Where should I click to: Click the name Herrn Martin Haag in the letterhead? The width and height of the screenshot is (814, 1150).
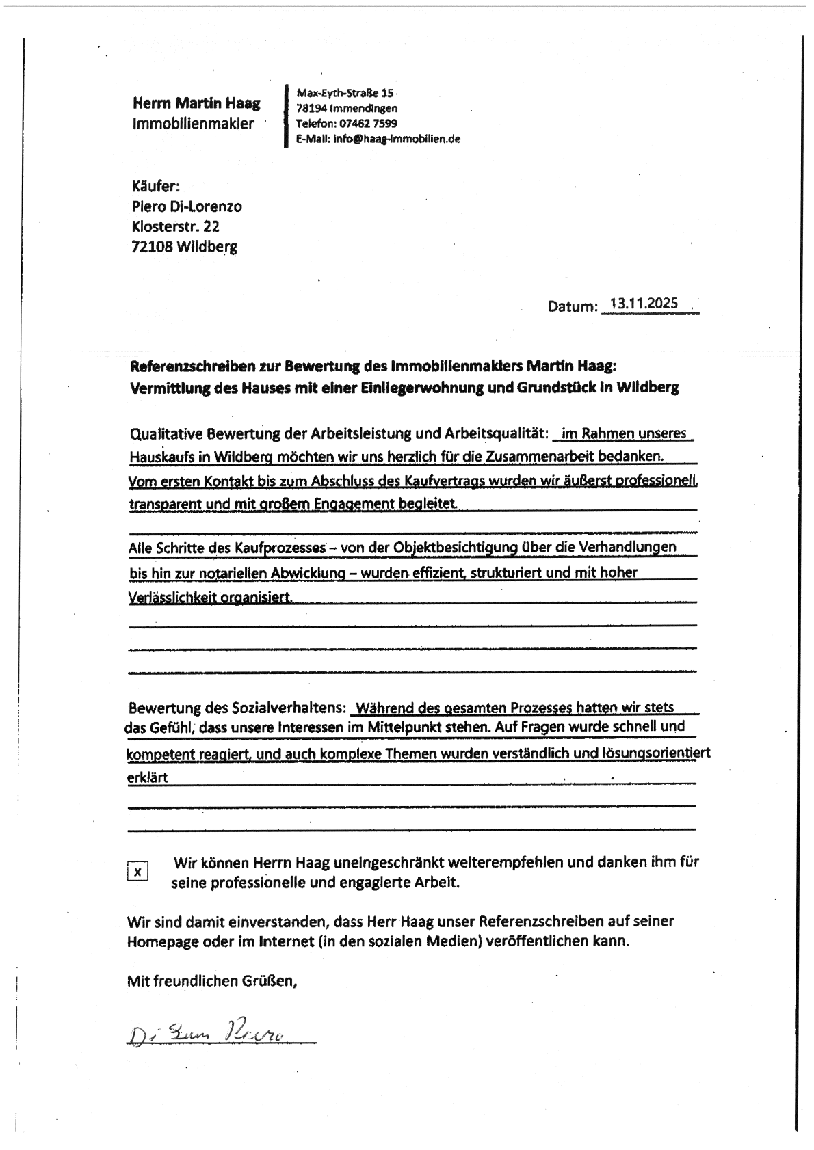click(x=196, y=103)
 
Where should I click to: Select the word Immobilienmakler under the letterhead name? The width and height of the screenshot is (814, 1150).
click(x=193, y=124)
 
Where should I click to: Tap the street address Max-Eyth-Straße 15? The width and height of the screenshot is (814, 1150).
click(x=345, y=93)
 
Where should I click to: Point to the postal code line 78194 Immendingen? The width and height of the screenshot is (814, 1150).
click(x=346, y=108)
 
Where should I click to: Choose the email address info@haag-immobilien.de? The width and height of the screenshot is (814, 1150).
click(x=397, y=138)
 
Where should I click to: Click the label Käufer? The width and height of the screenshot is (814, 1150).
click(x=155, y=186)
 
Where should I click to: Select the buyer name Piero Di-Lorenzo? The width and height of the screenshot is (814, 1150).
click(x=186, y=206)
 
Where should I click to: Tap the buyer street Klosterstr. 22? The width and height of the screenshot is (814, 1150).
click(x=175, y=226)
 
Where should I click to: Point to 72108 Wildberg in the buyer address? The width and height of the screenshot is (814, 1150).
click(x=184, y=247)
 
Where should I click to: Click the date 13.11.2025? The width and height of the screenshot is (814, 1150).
click(x=644, y=304)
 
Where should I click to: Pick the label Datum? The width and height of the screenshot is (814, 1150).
click(x=572, y=306)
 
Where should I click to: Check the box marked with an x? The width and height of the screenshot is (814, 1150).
click(x=138, y=872)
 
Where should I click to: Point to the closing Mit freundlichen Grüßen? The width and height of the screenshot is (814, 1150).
click(x=212, y=981)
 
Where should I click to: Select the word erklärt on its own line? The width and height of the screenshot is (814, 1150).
click(x=147, y=777)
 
